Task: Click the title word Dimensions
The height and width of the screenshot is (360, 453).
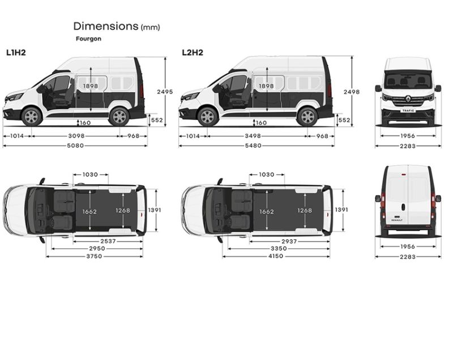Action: pos(106,26)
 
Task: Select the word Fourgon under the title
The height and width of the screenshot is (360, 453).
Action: pos(88,39)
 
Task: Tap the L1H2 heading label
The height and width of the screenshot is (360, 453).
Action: pos(16,53)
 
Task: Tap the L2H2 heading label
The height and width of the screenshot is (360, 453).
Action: pos(193,53)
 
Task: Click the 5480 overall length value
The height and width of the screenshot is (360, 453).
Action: pos(256,145)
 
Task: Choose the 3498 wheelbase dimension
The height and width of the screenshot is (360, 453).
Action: pos(257,136)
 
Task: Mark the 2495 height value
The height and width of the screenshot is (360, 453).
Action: pos(164,92)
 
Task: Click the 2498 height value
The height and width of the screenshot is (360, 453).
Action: pos(352,92)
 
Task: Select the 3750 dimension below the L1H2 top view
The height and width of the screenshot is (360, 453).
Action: pos(94,256)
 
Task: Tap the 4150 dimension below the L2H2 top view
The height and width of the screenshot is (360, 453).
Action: pos(276,256)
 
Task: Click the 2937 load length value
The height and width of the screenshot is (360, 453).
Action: pos(289,241)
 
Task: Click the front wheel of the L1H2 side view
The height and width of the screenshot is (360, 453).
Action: pos(32,116)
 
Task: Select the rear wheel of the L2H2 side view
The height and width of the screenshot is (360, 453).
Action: pos(307,116)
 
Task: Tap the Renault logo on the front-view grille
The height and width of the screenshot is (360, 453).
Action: pos(408,98)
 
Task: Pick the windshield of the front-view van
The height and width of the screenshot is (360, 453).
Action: pos(408,80)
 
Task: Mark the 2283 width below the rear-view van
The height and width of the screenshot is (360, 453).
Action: pos(408,256)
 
